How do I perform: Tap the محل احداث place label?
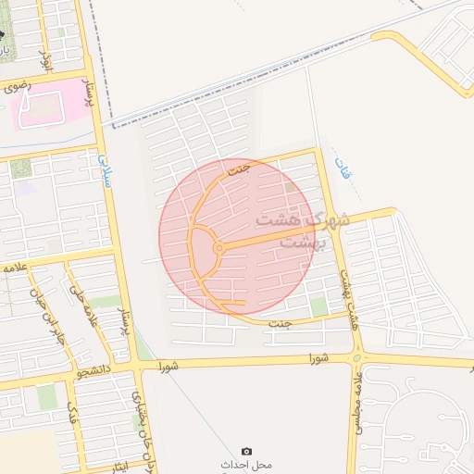click(x=245, y=463)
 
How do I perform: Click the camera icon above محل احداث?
click(x=246, y=450)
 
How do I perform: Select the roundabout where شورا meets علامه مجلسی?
click(x=357, y=357)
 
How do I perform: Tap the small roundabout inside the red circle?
click(x=218, y=248)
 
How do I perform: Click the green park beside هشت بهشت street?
click(x=319, y=306)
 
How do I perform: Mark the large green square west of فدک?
click(x=46, y=396)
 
